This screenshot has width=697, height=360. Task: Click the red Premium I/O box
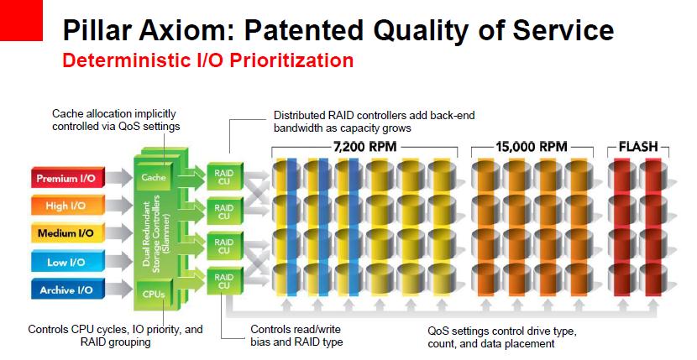click(x=67, y=178)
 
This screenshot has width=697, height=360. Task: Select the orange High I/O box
click(x=67, y=206)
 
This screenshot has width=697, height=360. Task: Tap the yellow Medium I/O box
click(x=67, y=233)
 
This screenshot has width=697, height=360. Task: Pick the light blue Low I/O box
click(x=67, y=261)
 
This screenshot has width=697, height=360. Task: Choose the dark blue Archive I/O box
click(x=67, y=290)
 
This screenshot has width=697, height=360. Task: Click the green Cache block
click(x=154, y=177)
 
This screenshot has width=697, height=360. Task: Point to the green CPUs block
click(x=154, y=294)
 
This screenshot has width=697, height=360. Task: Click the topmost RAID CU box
click(x=224, y=176)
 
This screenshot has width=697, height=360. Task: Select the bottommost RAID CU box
click(x=224, y=281)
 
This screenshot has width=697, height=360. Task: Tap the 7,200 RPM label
click(x=364, y=146)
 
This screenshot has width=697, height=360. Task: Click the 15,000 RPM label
click(x=532, y=146)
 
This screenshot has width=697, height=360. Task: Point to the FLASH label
click(x=638, y=147)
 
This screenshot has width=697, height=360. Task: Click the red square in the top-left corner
click(x=21, y=20)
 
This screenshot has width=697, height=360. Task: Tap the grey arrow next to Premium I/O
click(x=119, y=178)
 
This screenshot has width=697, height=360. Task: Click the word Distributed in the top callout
click(x=299, y=116)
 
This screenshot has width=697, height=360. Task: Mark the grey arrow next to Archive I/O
click(x=119, y=290)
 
